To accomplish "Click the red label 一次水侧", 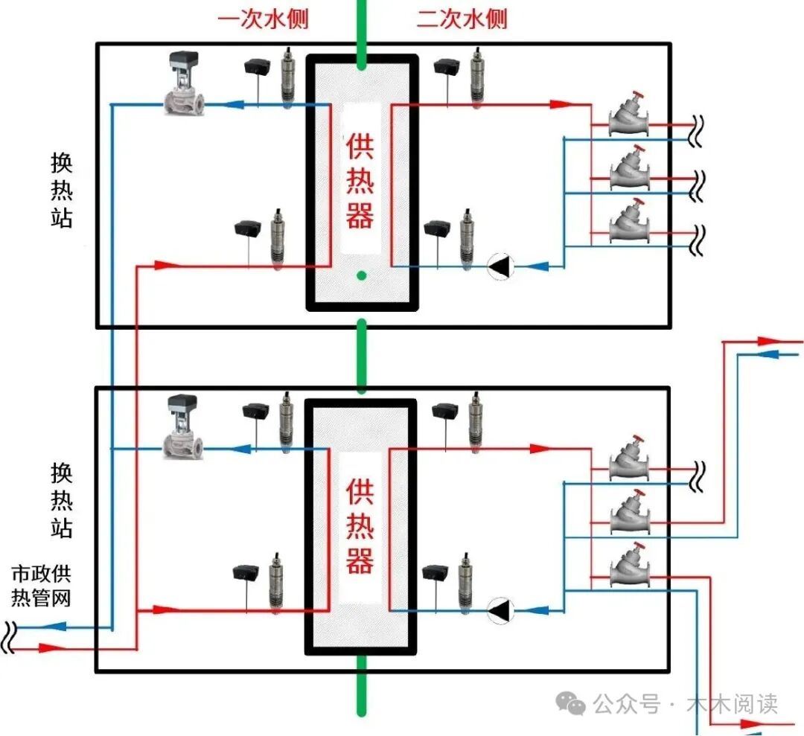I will tap(262, 19).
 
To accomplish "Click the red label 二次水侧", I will tap(462, 19).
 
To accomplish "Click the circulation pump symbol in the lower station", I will tap(501, 610).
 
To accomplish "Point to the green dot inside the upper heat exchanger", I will tap(361, 276).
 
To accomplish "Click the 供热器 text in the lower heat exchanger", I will tap(360, 525).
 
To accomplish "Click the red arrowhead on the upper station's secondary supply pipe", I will tap(561, 105).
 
